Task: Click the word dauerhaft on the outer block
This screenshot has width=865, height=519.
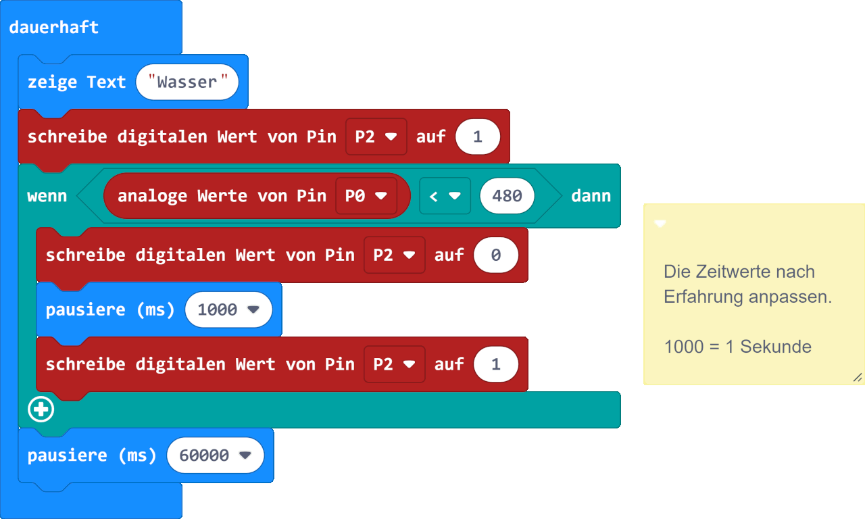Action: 53,27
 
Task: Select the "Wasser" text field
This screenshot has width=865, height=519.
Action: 187,82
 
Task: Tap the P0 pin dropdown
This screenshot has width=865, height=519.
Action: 366,196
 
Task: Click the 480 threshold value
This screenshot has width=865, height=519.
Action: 507,196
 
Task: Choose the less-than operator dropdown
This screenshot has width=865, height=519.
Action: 445,196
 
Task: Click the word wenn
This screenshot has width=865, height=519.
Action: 47,196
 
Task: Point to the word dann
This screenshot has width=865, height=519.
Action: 591,196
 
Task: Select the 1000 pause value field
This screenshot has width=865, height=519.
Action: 228,310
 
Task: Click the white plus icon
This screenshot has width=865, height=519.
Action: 41,410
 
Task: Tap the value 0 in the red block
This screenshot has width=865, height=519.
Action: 496,255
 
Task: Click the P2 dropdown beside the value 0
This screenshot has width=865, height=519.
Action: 394,255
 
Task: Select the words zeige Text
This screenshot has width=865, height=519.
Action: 76,82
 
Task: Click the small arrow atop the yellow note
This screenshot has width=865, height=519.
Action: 660,224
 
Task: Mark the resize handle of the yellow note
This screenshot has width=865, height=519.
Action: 857,377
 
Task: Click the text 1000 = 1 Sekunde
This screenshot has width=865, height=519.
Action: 737,347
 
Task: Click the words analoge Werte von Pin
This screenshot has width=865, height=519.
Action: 222,196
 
